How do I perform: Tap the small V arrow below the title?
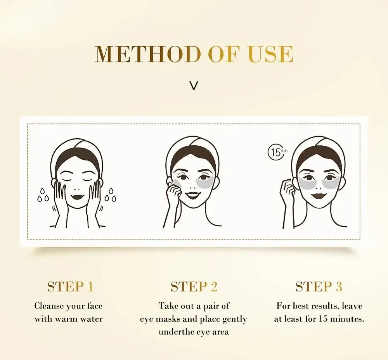194,86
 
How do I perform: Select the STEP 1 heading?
70,287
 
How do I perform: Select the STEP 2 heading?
194,287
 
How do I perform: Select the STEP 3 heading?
319,287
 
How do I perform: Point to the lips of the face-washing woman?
78,197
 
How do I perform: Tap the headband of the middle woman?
192,145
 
